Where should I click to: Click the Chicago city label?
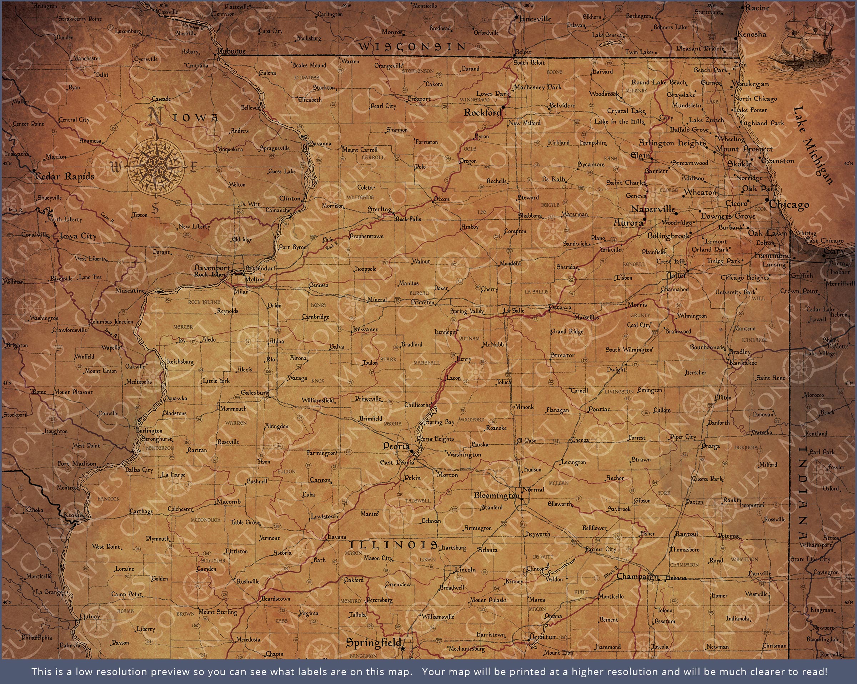[x=789, y=205]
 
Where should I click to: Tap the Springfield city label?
[x=373, y=642]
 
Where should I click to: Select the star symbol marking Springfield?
[x=403, y=649]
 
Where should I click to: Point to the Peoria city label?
[x=396, y=446]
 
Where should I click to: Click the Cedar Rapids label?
[x=65, y=176]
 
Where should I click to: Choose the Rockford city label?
[x=482, y=113]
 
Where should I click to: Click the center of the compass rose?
[x=155, y=165]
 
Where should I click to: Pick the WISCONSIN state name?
[x=412, y=47]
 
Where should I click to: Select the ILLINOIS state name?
[x=394, y=545]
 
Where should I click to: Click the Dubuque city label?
[x=232, y=51]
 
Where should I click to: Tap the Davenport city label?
[x=211, y=268]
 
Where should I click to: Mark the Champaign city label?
[x=637, y=576]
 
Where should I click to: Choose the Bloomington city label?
[x=496, y=495]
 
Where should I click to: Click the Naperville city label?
[x=653, y=209]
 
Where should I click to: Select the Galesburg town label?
[x=254, y=393]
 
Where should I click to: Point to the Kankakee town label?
[x=743, y=363]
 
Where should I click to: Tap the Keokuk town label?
[x=74, y=515]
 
